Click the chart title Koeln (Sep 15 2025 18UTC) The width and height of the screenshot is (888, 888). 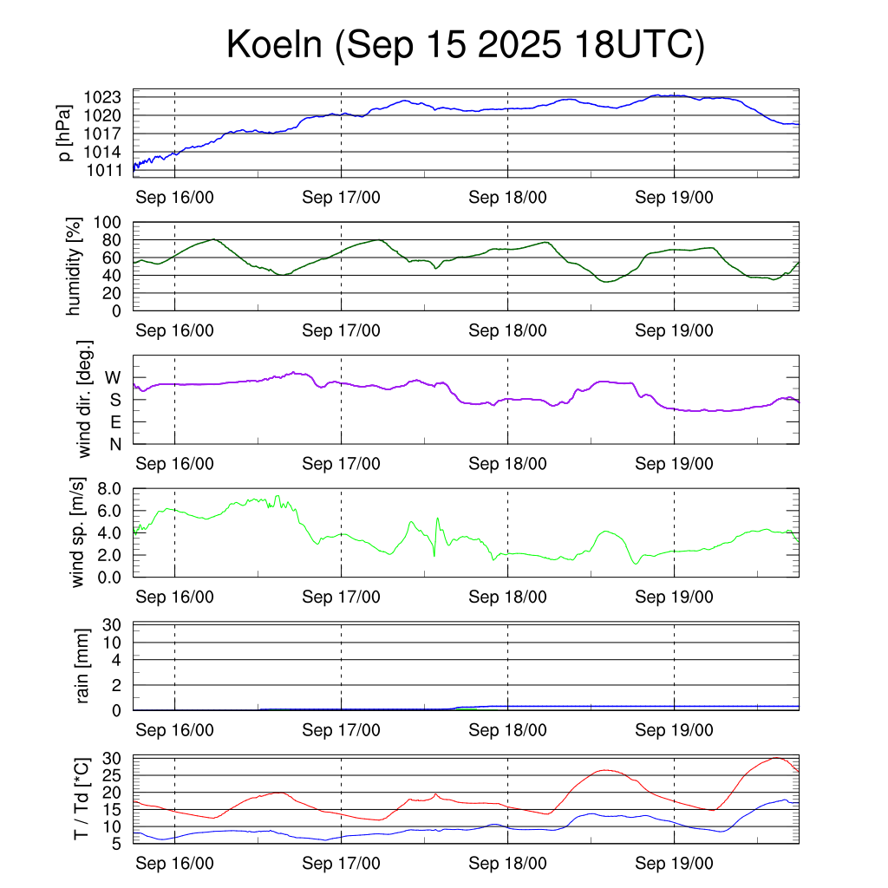tap(465, 45)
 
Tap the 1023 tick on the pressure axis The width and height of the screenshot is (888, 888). tap(108, 97)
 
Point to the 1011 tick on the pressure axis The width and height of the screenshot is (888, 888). tap(108, 170)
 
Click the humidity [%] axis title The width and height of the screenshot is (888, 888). tap(76, 266)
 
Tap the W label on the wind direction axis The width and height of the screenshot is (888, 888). tap(113, 377)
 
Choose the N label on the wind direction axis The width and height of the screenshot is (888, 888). tap(114, 444)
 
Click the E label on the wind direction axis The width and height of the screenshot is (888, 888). tap(114, 422)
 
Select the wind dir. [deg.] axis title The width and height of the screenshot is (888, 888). tap(84, 400)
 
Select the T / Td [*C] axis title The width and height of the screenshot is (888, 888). tap(82, 799)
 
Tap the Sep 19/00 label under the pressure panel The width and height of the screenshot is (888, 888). tap(674, 197)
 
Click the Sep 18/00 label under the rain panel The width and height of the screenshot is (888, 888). tap(507, 730)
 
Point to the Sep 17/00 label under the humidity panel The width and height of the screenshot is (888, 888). tap(341, 330)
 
